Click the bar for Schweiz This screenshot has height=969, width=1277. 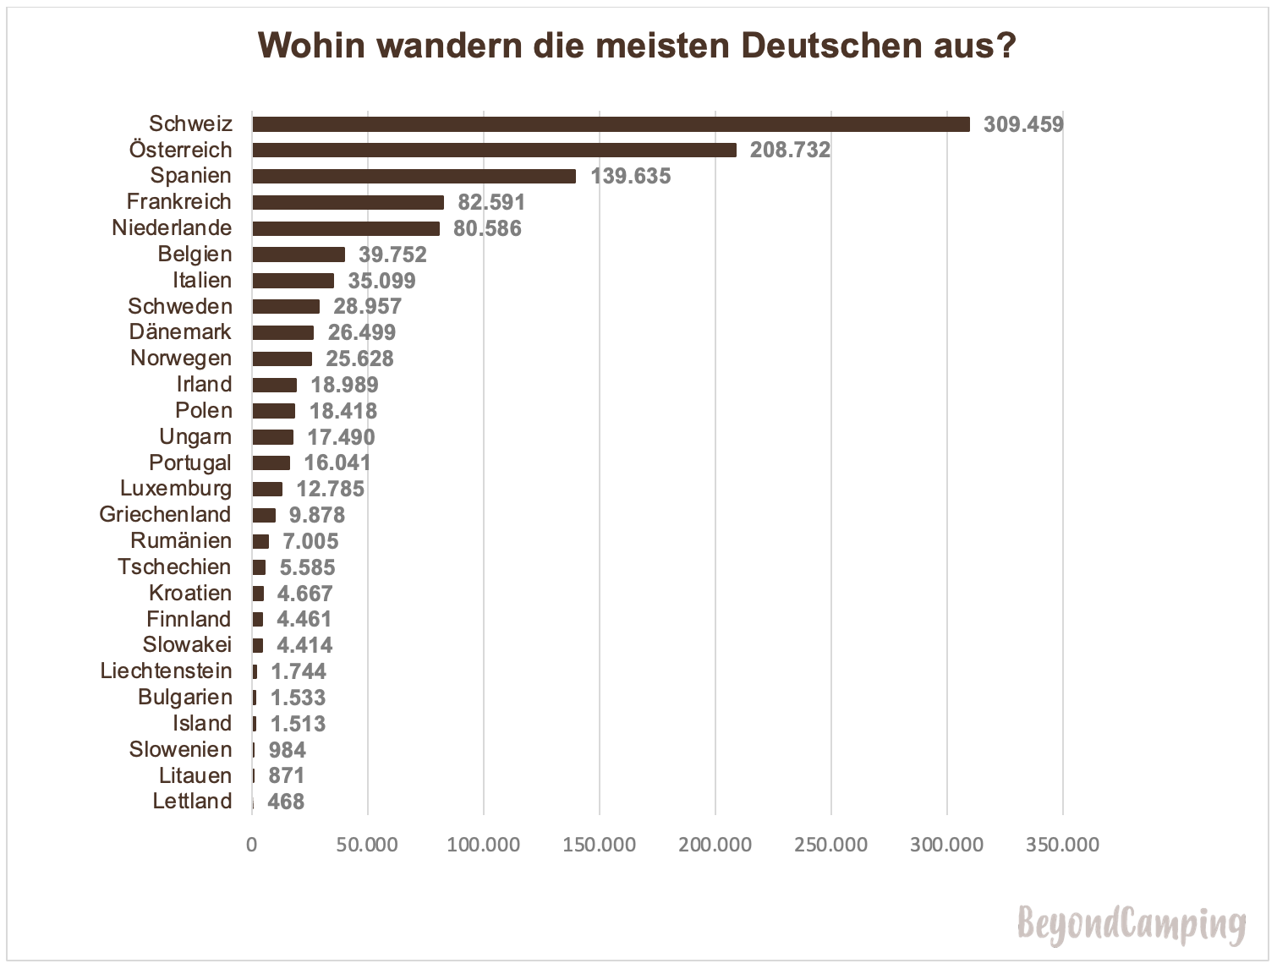(611, 124)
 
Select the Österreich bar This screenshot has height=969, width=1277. (494, 151)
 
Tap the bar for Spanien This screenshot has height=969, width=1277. (414, 176)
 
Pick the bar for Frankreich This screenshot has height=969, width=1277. (348, 202)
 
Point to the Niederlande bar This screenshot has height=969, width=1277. (346, 228)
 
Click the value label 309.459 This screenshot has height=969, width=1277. (1023, 124)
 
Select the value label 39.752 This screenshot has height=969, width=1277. (392, 255)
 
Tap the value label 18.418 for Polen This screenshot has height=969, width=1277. (343, 411)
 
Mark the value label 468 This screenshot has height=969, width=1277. (286, 802)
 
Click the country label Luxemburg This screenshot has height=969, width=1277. (176, 489)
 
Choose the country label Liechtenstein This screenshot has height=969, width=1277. (166, 671)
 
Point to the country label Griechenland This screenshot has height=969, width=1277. (165, 515)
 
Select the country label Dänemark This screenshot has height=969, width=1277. (180, 332)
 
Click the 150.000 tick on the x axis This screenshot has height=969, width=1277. (599, 845)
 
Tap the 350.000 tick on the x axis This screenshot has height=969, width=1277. (1062, 845)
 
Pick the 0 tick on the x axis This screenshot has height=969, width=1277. (251, 845)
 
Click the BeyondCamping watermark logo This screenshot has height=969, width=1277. (1132, 923)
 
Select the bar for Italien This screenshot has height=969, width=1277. (293, 281)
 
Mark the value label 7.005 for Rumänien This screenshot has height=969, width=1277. (310, 541)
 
